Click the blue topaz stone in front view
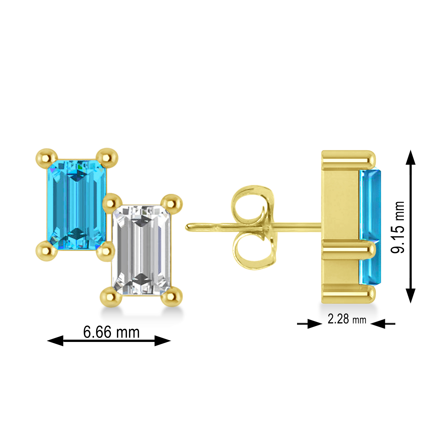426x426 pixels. (76, 204)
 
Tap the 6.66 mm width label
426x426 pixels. (111, 332)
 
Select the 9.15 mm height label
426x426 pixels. (398, 227)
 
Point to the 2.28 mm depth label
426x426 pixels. (347, 319)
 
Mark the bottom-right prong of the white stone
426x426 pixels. (172, 297)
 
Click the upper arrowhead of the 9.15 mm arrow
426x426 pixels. (410, 158)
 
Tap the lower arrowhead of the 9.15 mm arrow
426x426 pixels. (410, 295)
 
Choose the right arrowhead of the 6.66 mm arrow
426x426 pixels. (162, 341)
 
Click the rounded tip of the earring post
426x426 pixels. (188, 227)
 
